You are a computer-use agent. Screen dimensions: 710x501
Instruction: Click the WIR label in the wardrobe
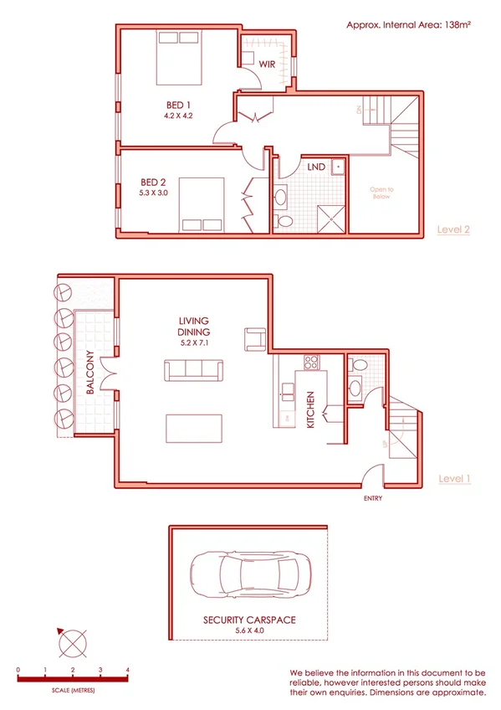pyautogui.click(x=267, y=64)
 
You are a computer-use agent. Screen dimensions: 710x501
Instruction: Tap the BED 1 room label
pyautogui.click(x=177, y=105)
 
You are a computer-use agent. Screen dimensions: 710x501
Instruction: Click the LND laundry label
pyautogui.click(x=315, y=167)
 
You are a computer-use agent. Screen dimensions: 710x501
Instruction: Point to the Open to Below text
pyautogui.click(x=381, y=193)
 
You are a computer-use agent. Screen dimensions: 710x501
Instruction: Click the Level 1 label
pyautogui.click(x=455, y=479)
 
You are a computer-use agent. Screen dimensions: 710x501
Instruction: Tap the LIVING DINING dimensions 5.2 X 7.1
pyautogui.click(x=193, y=342)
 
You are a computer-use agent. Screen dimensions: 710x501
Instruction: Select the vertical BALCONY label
pyautogui.click(x=89, y=373)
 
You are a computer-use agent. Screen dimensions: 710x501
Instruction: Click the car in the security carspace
pyautogui.click(x=252, y=578)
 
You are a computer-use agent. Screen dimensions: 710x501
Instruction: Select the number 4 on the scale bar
pyautogui.click(x=127, y=671)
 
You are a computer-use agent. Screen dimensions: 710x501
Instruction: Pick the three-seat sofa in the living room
pyautogui.click(x=193, y=371)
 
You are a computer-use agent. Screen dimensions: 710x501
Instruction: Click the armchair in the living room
pyautogui.click(x=254, y=338)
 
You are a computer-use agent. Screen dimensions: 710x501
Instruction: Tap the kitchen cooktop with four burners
pyautogui.click(x=311, y=363)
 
